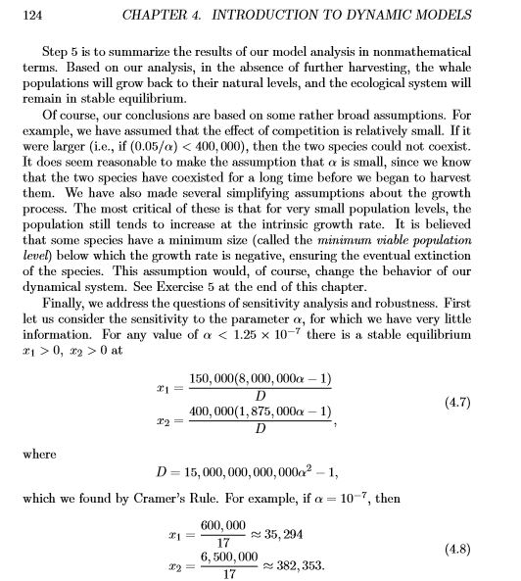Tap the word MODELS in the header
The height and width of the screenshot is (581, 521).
[x=451, y=16]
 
